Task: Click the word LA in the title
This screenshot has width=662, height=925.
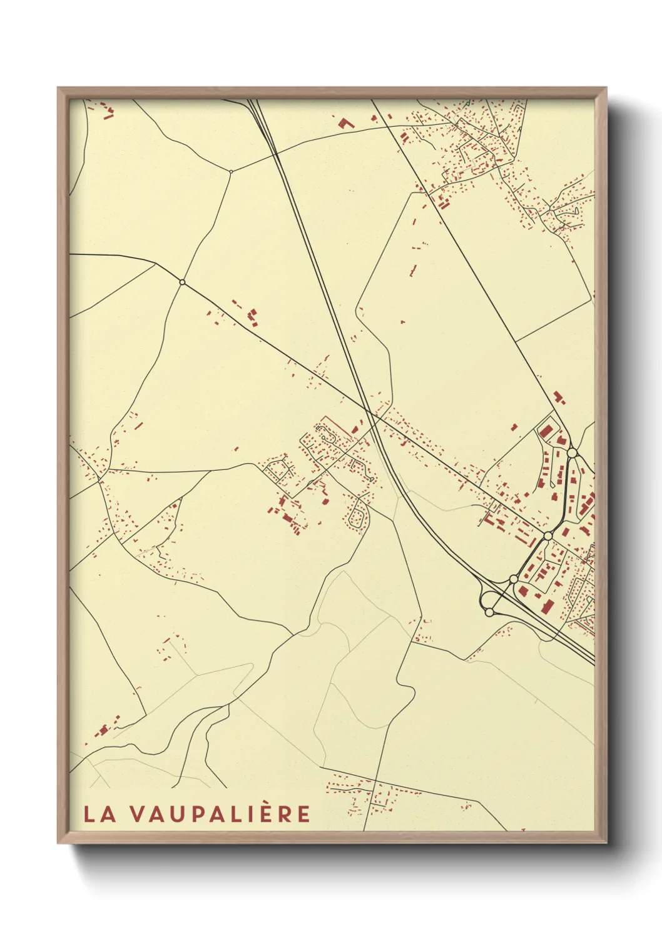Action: pos(99,814)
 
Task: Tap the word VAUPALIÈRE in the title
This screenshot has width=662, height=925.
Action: pos(221,814)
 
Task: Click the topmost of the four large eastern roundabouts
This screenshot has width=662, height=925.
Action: pos(571,452)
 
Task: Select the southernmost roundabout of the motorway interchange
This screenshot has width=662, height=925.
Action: pos(489,612)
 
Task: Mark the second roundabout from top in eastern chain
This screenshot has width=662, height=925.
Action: pos(547,536)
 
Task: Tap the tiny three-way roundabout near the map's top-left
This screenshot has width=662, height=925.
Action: pos(231,171)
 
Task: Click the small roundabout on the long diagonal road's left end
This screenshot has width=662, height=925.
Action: pos(182,282)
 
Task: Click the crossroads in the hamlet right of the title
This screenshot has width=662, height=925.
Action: pos(373,793)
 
